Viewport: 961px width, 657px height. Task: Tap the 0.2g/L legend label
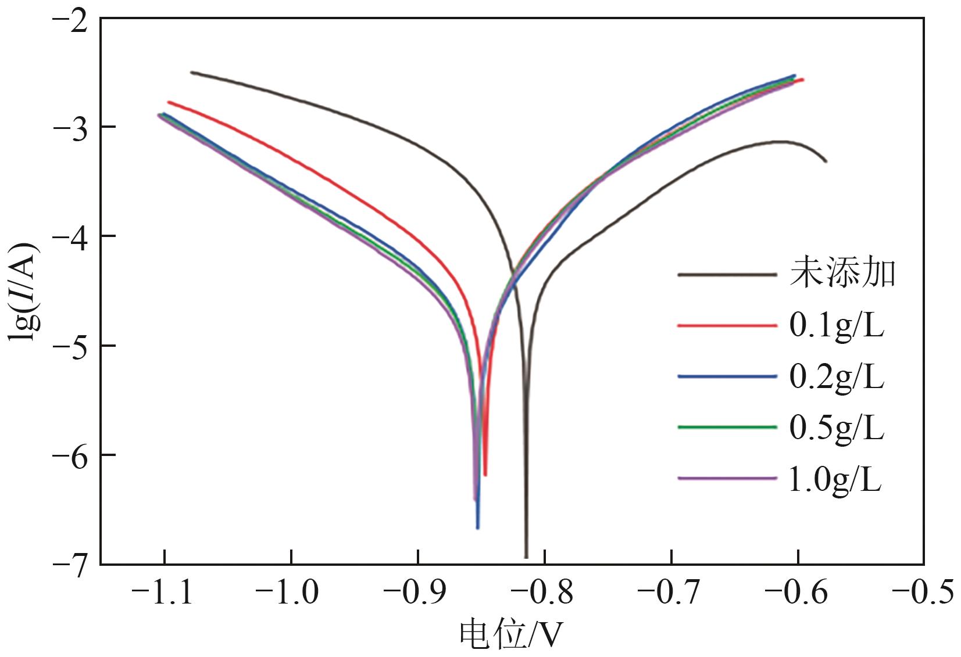[836, 377]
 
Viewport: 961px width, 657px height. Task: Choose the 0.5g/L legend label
[836, 428]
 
